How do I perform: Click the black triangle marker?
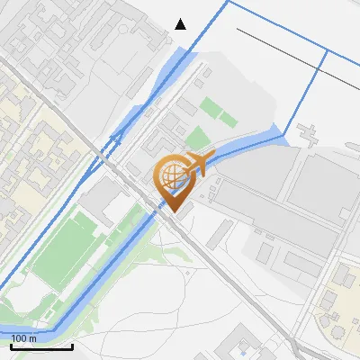pos(181,23)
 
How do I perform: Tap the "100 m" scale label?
pos(24,337)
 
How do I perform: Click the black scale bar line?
pos(41,346)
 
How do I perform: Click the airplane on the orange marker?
pos(199,162)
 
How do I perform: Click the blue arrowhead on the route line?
pos(116,136)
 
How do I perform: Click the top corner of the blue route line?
pos(229,3)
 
